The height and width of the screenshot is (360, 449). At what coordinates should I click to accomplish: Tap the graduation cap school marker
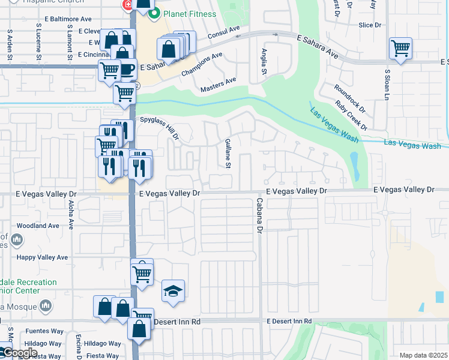pos(173,292)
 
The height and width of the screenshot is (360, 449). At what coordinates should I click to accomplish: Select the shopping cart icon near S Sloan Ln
pos(400,49)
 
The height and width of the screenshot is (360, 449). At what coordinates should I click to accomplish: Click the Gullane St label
pos(228,153)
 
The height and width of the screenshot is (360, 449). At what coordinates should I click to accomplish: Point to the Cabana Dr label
pos(260,215)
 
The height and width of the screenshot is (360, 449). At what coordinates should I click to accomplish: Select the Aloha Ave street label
pos(71,215)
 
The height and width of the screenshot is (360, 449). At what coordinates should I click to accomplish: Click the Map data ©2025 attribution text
pos(423,355)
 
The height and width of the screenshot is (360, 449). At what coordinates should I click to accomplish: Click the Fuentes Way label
pos(47,331)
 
